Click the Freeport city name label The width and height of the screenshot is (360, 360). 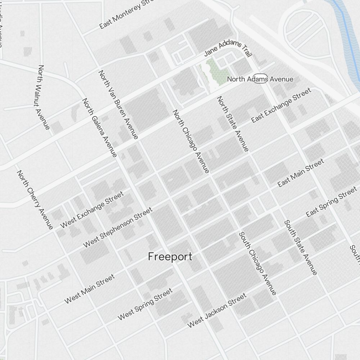170,257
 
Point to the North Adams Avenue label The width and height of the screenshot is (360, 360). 260,79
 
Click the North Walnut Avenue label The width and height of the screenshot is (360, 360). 43,97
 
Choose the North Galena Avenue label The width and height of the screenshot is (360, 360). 100,127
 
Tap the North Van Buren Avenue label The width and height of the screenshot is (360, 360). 118,104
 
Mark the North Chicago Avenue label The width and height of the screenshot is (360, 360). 191,141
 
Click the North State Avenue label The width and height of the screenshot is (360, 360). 233,123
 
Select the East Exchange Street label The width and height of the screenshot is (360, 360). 281,105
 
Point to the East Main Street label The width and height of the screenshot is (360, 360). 301,173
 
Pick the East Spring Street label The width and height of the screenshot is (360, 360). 331,203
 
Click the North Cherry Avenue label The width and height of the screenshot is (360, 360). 35,199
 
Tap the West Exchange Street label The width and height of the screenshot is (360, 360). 92,210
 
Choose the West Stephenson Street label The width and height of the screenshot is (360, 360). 118,227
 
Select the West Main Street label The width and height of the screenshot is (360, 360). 90,289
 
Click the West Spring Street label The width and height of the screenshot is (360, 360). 145,304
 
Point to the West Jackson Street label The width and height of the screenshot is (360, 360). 217,310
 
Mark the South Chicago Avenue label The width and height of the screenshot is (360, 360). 258,263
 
